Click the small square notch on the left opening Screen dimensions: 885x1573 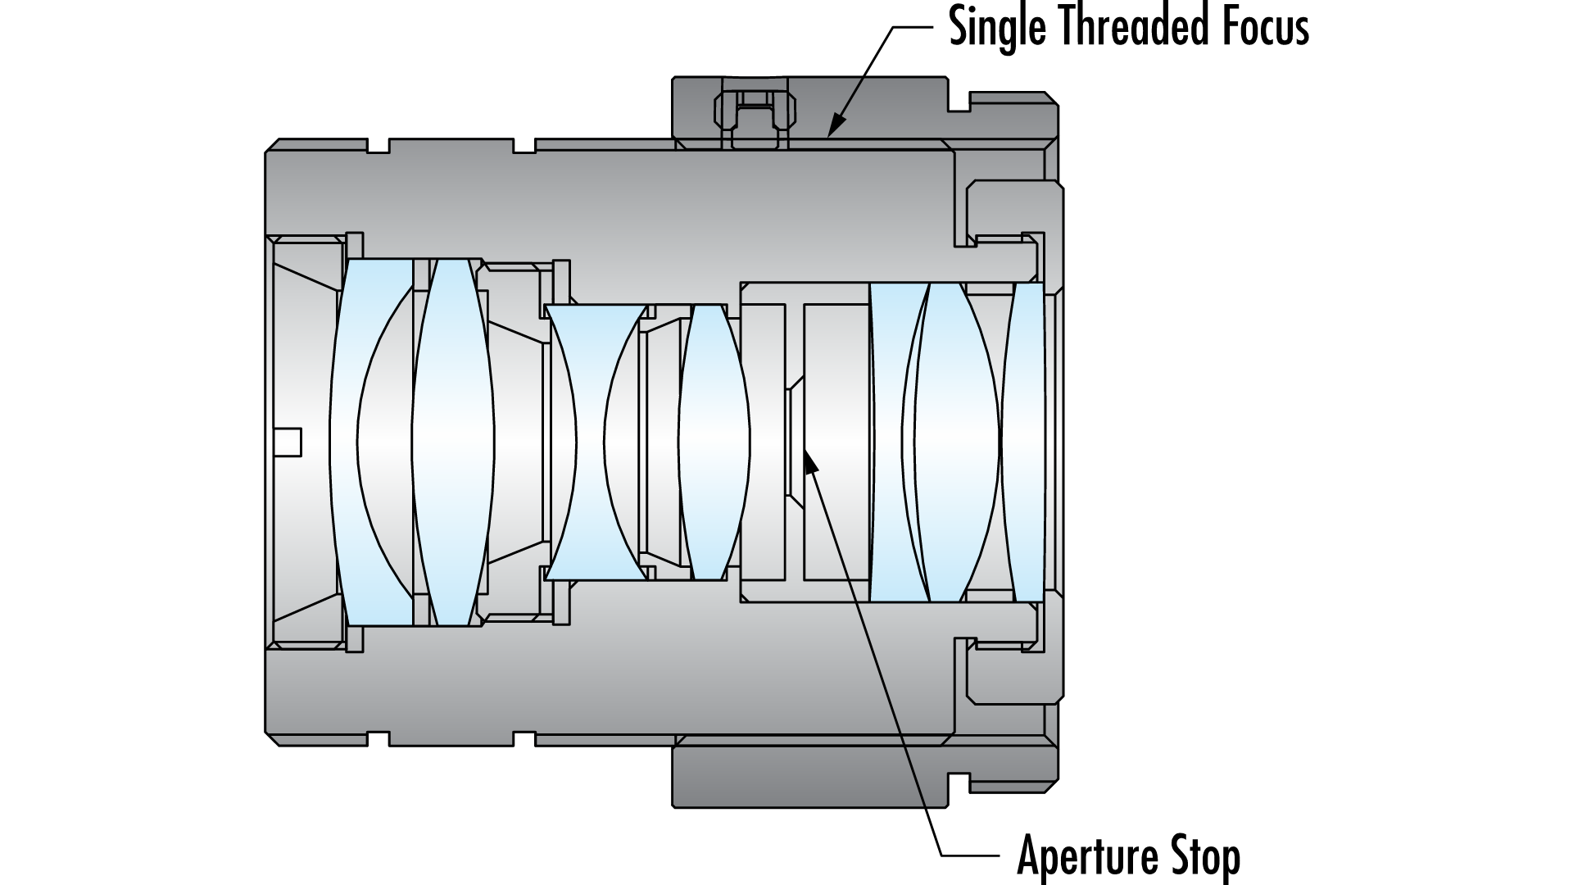(x=288, y=442)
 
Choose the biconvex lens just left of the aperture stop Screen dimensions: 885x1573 (x=713, y=442)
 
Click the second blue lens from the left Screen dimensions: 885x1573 (x=453, y=442)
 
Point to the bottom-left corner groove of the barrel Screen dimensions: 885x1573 (x=377, y=737)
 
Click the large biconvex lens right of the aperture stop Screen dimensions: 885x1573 (x=954, y=442)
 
